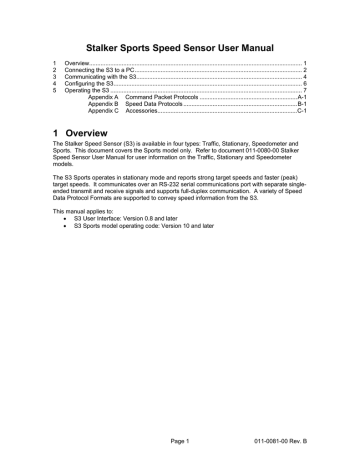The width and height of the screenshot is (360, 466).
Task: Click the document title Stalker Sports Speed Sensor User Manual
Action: coord(179,45)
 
